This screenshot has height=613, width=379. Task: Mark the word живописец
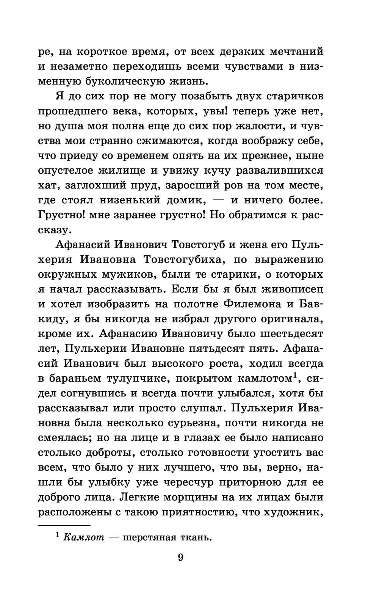pyautogui.click(x=293, y=290)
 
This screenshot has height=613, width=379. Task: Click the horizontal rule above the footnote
pyautogui.click(x=64, y=525)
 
